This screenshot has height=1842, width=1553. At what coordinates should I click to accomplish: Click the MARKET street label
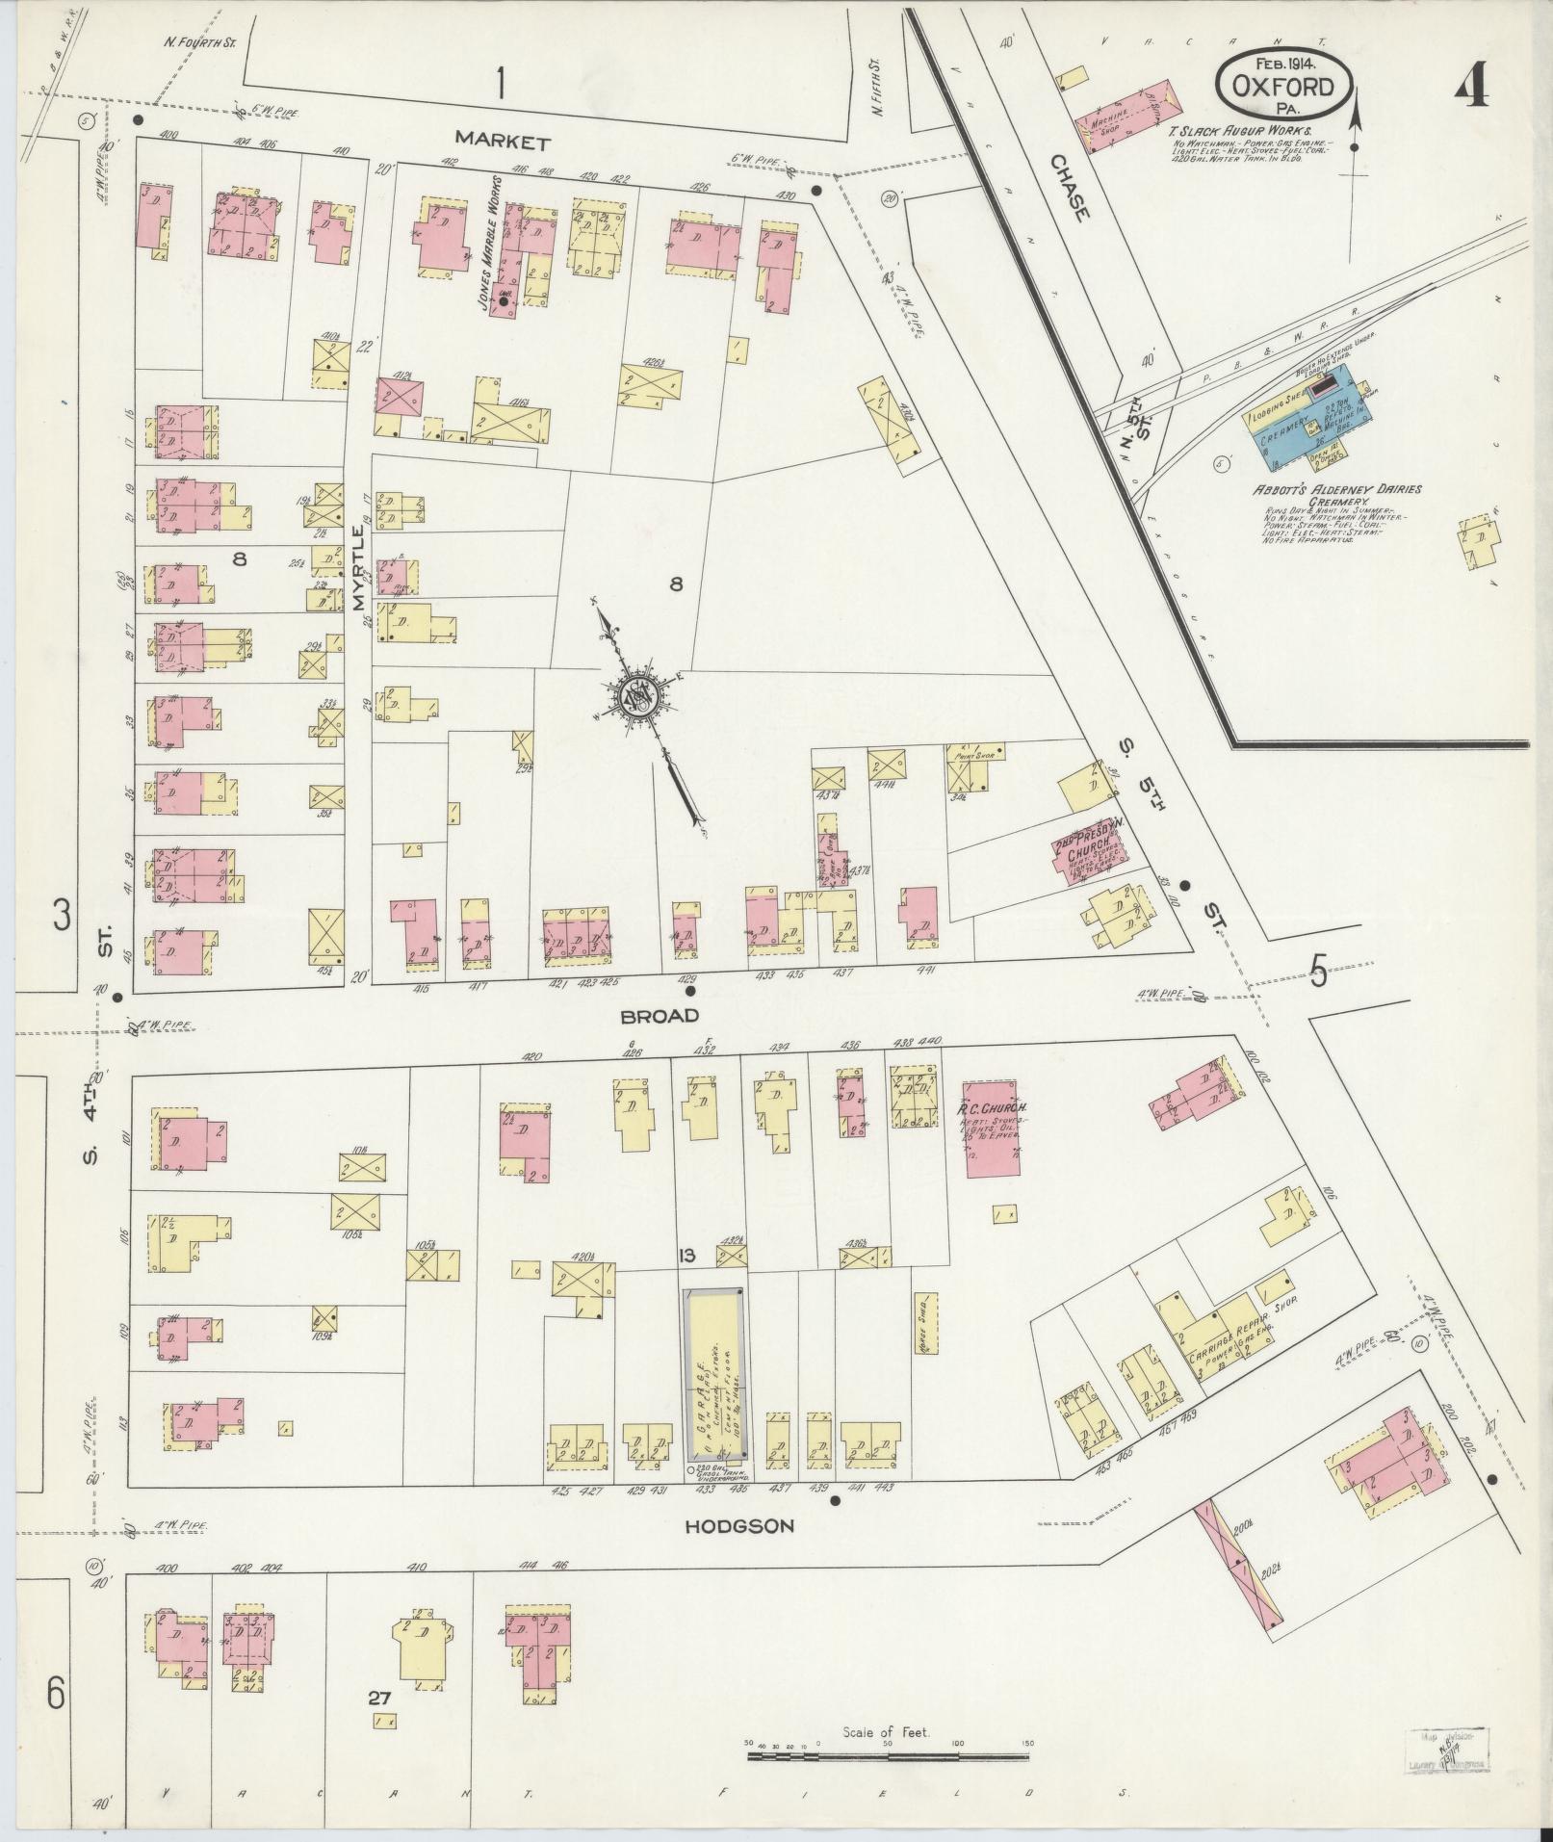click(503, 142)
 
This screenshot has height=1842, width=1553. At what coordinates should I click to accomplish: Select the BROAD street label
click(659, 1016)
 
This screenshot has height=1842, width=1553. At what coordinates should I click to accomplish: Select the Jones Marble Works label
click(487, 243)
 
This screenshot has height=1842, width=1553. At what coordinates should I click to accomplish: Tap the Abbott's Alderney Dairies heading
click(1336, 489)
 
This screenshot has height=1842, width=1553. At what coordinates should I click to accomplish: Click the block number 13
click(686, 1255)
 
